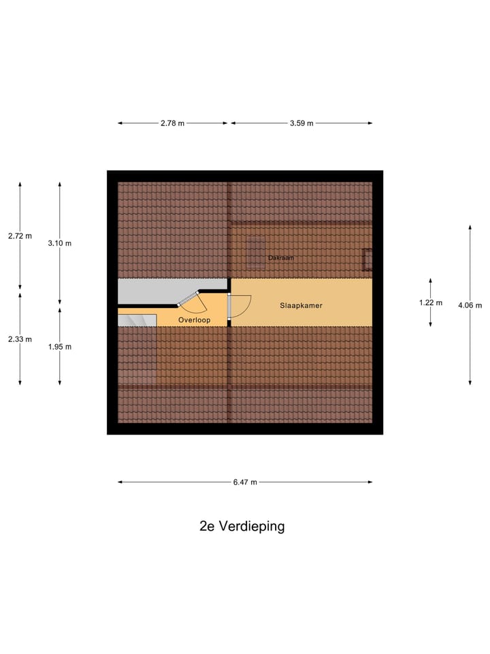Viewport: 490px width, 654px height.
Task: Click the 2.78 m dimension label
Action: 173,123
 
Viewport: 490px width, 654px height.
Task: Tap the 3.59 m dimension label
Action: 301,123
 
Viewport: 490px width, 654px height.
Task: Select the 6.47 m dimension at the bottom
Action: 245,482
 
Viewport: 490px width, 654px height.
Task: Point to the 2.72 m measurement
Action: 20,236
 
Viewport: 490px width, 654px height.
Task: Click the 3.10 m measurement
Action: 59,243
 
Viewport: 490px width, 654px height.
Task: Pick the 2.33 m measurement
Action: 20,339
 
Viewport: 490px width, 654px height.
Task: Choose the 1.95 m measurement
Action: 59,347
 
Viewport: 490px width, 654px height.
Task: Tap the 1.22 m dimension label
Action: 431,302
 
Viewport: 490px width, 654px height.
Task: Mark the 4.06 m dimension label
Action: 470,305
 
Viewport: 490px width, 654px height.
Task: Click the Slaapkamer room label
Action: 301,306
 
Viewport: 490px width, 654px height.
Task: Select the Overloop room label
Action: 194,320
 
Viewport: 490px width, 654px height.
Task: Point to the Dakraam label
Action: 280,258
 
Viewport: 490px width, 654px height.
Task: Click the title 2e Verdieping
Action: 242,526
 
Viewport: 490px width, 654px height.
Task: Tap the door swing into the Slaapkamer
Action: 240,305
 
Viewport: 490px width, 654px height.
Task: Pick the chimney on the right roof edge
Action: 368,260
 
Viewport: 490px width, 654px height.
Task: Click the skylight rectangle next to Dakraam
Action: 256,251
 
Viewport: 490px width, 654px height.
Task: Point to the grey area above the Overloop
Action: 170,291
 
